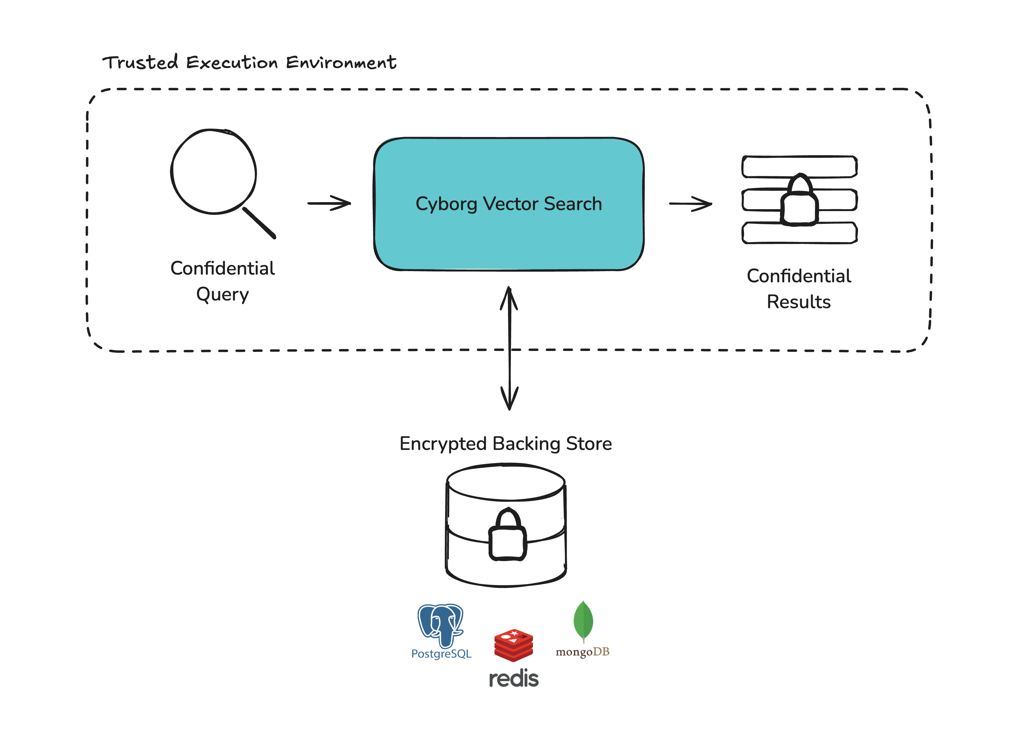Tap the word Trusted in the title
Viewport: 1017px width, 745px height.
tap(140, 63)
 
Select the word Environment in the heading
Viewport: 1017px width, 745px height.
tap(341, 63)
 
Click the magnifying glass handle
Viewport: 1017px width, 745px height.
tap(259, 223)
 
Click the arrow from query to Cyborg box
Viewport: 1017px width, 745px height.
tap(329, 203)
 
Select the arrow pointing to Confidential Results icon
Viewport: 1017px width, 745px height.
tap(690, 204)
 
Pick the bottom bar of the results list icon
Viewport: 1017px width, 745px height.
tap(799, 233)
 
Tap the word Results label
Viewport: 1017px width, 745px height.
tap(799, 302)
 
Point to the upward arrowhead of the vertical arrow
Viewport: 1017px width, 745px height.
tap(509, 298)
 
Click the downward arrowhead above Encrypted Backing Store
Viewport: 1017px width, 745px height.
tap(509, 399)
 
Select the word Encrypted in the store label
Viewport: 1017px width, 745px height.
tap(443, 444)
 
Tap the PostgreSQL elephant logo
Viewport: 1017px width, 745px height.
tap(441, 625)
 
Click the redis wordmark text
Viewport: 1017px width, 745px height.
tap(514, 679)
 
